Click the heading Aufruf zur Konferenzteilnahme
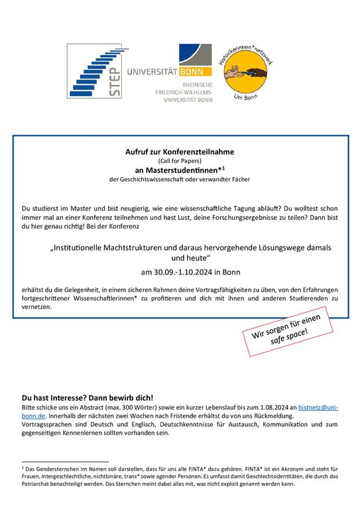[x=180, y=152]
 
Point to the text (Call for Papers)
[x=180, y=161]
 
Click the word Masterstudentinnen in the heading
[x=176, y=170]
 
